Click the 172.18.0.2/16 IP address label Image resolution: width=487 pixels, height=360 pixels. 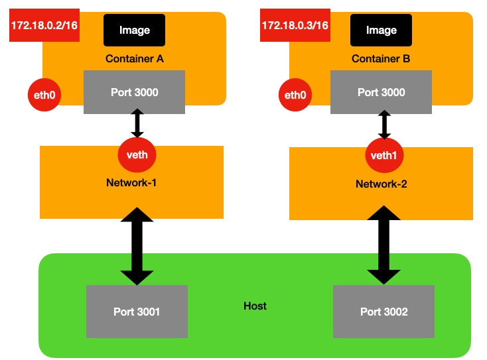click(44, 25)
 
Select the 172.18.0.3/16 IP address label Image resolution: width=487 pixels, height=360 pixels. click(295, 25)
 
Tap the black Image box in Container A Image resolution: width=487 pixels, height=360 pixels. click(134, 30)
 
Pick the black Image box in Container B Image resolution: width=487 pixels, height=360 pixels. click(381, 30)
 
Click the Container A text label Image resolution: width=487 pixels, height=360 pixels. click(134, 59)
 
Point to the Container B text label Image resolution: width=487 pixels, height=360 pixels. click(381, 59)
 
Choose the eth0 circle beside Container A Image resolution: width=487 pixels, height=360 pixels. click(44, 95)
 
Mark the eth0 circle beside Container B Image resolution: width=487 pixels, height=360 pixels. click(295, 95)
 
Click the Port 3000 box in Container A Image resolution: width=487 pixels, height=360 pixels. click(134, 93)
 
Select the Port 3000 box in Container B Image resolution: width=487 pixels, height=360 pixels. click(381, 93)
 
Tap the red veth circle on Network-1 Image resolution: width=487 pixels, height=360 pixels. click(137, 155)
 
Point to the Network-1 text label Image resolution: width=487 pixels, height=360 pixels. click(131, 182)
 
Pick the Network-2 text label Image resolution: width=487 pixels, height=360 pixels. click(381, 184)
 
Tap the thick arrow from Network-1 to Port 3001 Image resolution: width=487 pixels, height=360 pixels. click(137, 246)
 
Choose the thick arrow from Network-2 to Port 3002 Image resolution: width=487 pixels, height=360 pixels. click(384, 245)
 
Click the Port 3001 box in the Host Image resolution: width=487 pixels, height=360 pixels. click(137, 311)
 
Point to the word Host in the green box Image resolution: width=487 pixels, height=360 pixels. click(255, 306)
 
